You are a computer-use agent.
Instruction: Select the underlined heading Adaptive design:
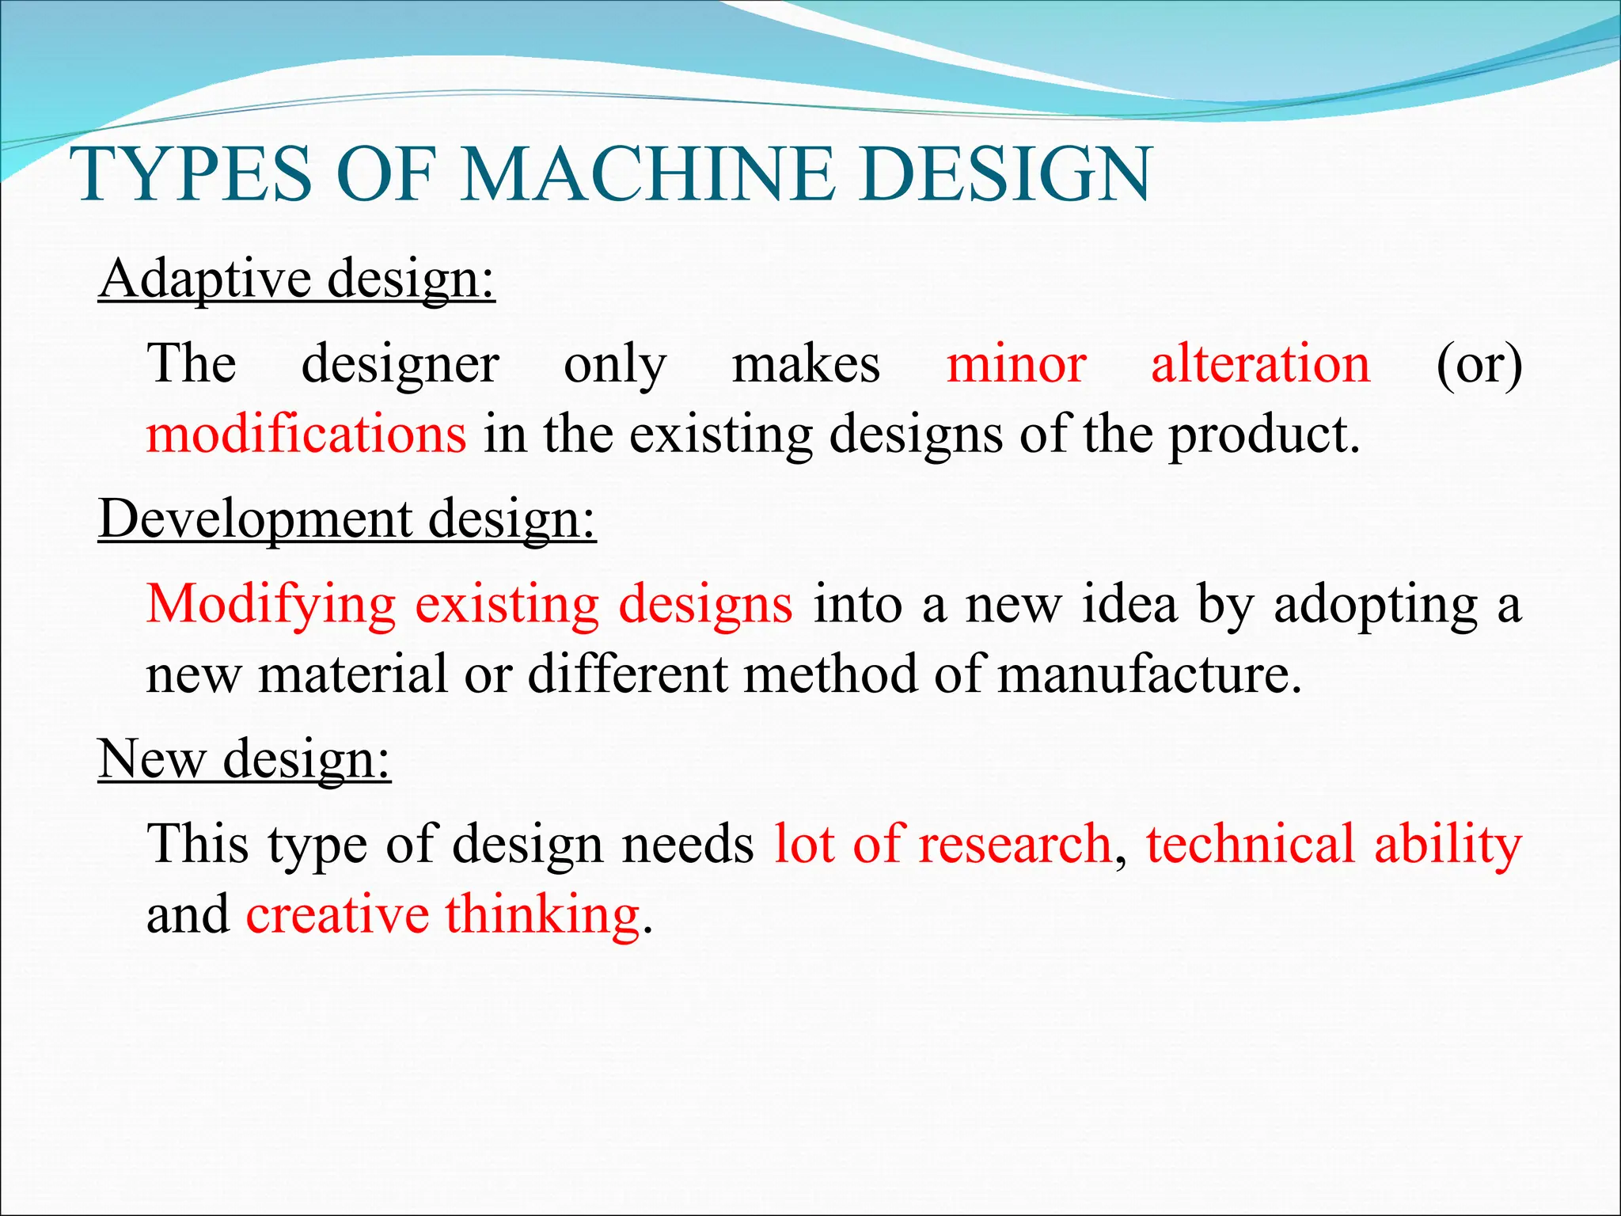(x=297, y=279)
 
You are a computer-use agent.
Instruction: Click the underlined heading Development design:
(x=347, y=519)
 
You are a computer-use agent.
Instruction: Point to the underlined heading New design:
(x=244, y=758)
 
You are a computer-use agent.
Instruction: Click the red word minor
(x=1016, y=364)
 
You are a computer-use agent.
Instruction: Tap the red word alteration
(x=1260, y=364)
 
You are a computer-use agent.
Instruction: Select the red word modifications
(x=306, y=435)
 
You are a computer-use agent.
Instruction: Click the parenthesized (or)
(x=1479, y=364)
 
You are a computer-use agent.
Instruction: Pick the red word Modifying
(x=271, y=605)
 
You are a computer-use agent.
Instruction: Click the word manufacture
(x=1148, y=674)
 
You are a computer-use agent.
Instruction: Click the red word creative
(x=337, y=914)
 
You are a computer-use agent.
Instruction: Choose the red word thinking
(x=542, y=914)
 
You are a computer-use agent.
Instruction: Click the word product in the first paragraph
(x=1263, y=435)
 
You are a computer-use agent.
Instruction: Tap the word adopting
(x=1376, y=605)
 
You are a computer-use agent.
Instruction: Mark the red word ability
(x=1448, y=844)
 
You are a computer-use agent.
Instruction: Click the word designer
(x=400, y=364)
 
